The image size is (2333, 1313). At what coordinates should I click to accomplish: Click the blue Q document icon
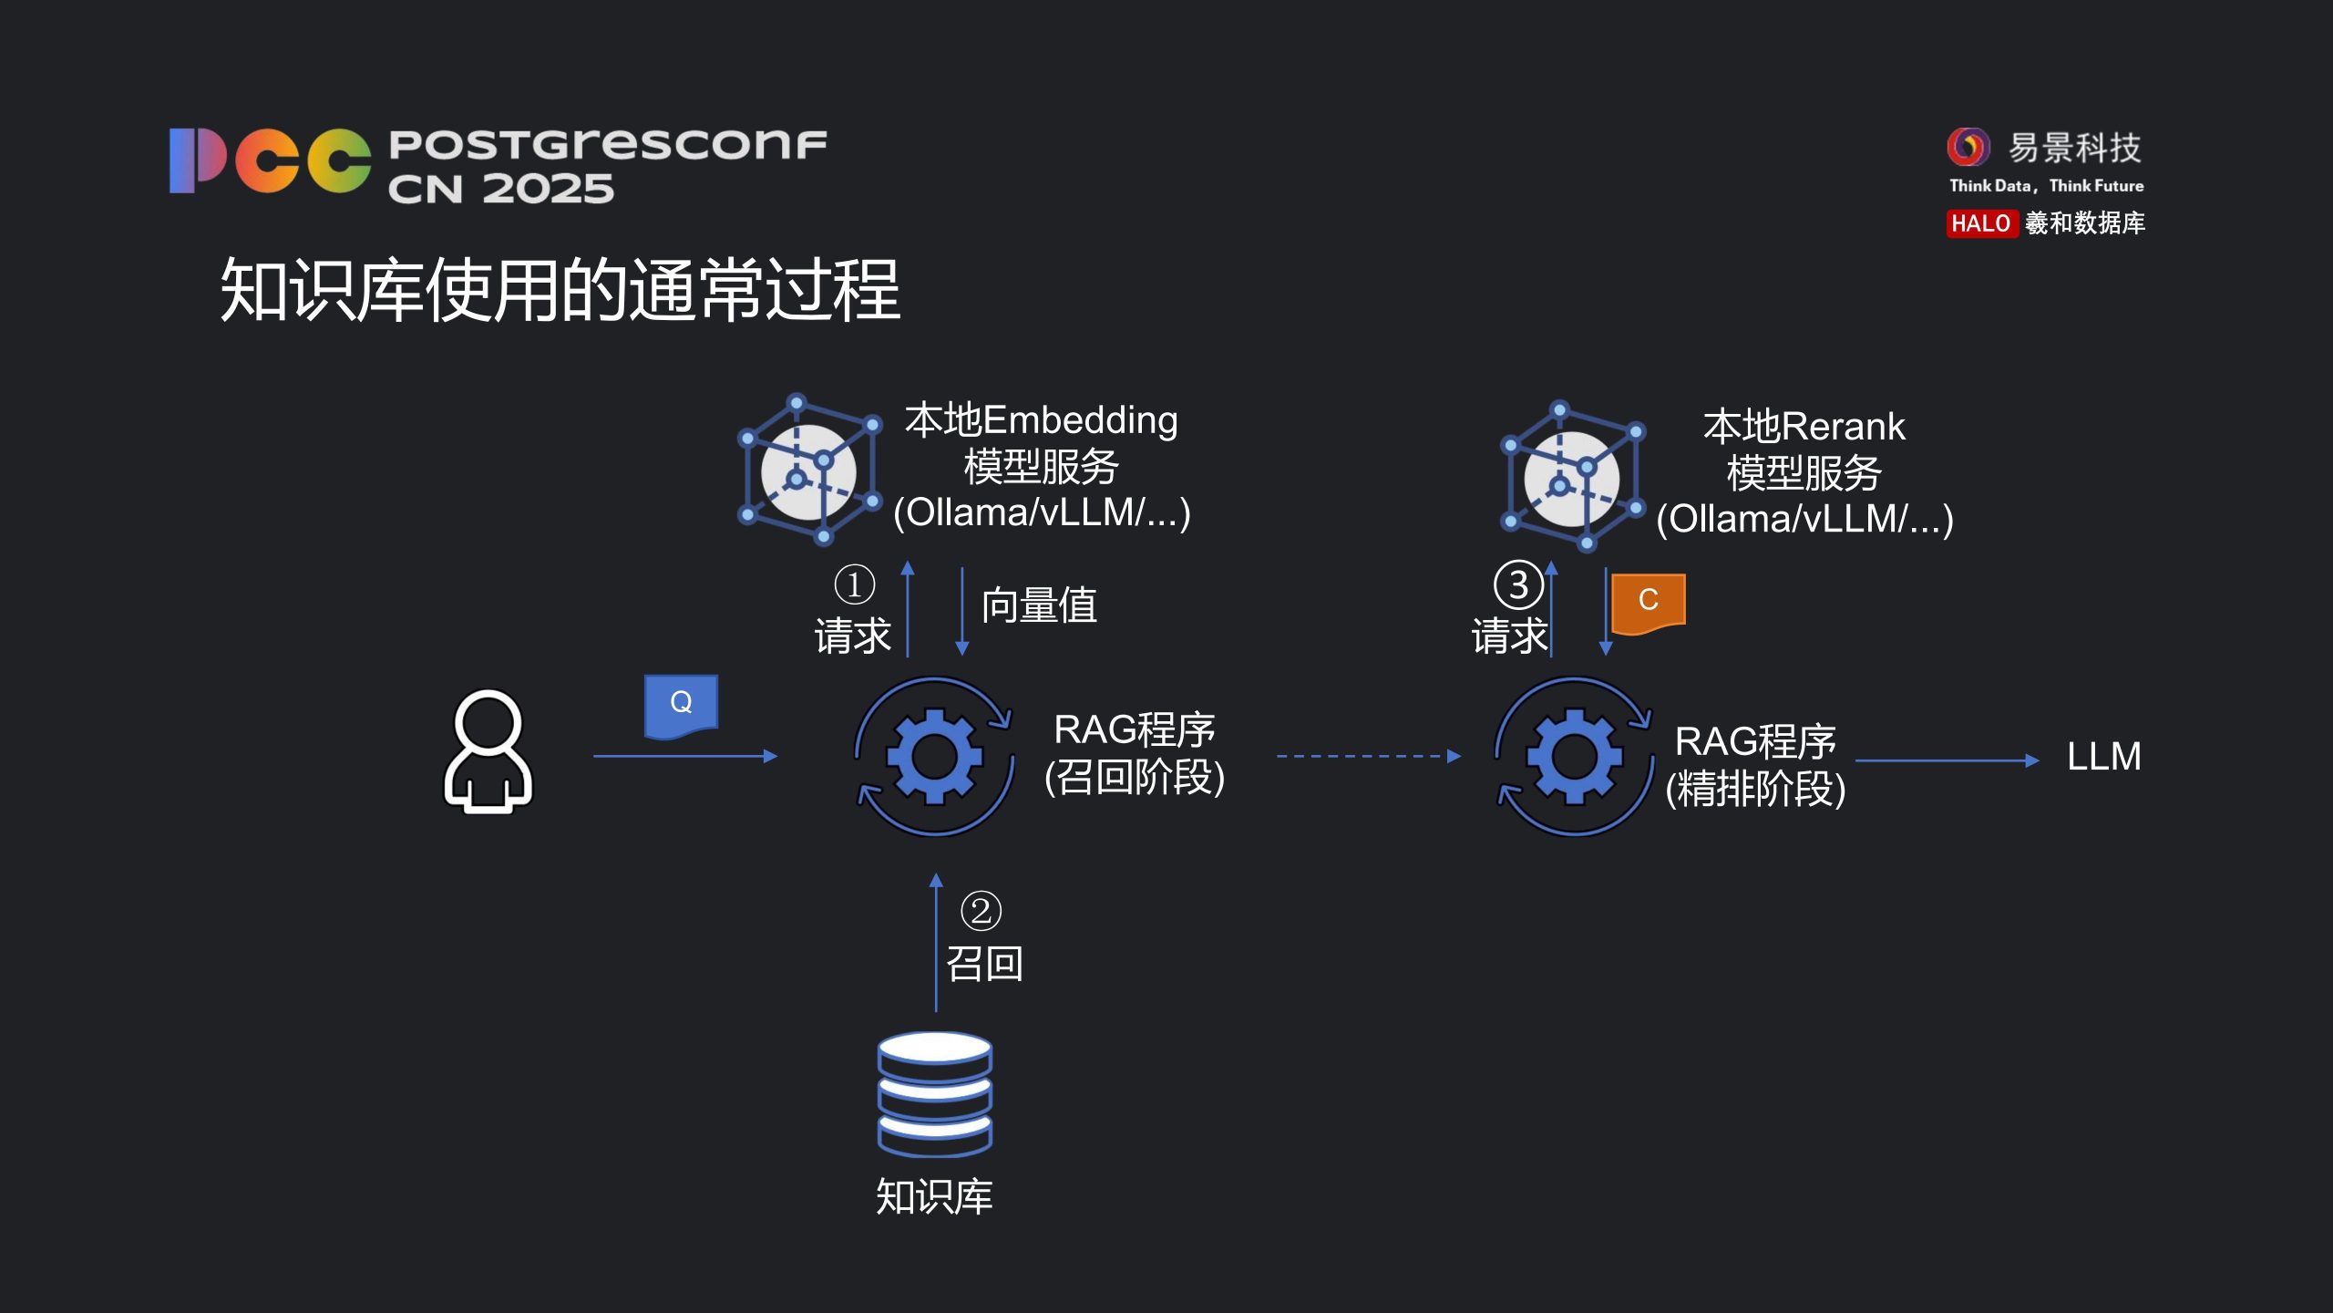click(681, 705)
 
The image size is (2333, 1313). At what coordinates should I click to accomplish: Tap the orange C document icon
click(1648, 602)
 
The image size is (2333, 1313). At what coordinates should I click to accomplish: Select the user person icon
click(488, 751)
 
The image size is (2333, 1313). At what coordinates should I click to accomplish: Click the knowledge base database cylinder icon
click(934, 1094)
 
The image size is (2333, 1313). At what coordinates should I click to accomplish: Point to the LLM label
click(2103, 757)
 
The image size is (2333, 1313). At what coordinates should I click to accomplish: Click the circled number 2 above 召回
click(981, 911)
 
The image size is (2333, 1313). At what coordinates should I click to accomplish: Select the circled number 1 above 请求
click(854, 584)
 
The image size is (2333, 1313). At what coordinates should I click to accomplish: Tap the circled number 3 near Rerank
click(1517, 584)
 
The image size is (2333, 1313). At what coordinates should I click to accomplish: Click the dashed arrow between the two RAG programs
click(1367, 756)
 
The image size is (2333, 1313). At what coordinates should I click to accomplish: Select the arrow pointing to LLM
click(1946, 760)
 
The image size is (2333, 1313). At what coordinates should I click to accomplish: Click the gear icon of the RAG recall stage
click(935, 756)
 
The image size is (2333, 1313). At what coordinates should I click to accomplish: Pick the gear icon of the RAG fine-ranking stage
click(1574, 756)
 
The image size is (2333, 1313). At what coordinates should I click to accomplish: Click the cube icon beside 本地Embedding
click(808, 469)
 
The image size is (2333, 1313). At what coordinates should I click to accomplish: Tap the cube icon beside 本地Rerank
click(1572, 476)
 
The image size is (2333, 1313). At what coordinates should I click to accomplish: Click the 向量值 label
click(1039, 605)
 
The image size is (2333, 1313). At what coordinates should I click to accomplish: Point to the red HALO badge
click(1980, 223)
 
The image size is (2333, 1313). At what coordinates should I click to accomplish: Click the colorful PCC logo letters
click(270, 160)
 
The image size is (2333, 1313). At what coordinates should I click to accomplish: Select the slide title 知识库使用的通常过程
click(560, 290)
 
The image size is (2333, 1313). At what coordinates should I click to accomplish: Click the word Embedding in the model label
click(1080, 420)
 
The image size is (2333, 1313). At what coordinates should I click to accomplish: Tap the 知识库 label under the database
click(934, 1196)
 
